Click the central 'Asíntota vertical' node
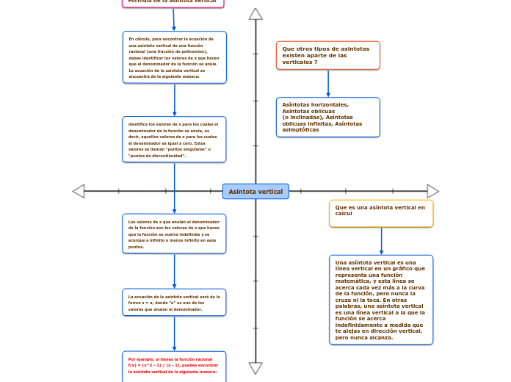click(x=255, y=192)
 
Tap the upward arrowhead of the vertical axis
click(x=255, y=14)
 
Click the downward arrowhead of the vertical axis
click(x=255, y=368)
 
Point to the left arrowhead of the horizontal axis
click(x=79, y=191)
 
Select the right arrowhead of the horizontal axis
click(x=433, y=191)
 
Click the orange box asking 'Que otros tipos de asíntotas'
click(x=327, y=55)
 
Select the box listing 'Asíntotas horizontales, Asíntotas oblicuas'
click(x=327, y=117)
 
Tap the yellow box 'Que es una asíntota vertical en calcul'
click(x=381, y=213)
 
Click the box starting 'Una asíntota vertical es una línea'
click(x=381, y=300)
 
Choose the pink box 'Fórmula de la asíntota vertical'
click(x=173, y=2)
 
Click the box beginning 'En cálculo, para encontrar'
click(x=175, y=57)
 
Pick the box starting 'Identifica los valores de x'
click(x=175, y=139)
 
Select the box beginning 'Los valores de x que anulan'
click(x=175, y=234)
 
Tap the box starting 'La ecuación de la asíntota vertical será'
click(x=175, y=302)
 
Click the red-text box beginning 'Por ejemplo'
click(x=175, y=366)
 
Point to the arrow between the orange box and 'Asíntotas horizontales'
click(x=328, y=83)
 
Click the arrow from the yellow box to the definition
click(x=381, y=241)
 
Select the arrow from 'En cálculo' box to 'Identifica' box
click(x=175, y=100)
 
